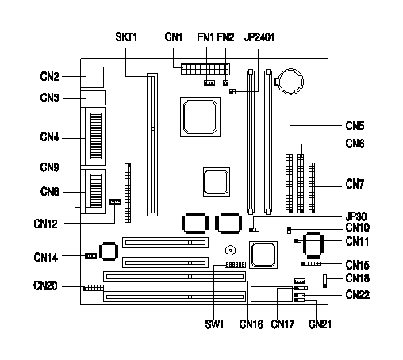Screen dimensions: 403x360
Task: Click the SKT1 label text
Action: click(126, 37)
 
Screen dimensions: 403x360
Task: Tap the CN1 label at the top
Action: click(174, 37)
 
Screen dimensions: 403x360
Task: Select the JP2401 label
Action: click(259, 37)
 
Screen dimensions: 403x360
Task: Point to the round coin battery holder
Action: click(290, 82)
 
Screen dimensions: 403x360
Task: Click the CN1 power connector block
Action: click(205, 69)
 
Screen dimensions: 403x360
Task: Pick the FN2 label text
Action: click(225, 37)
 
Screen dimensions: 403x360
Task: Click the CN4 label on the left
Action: click(49, 137)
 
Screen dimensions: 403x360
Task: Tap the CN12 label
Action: click(45, 224)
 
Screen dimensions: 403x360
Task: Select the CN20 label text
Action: click(45, 285)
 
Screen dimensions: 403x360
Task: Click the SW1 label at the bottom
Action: click(214, 324)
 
